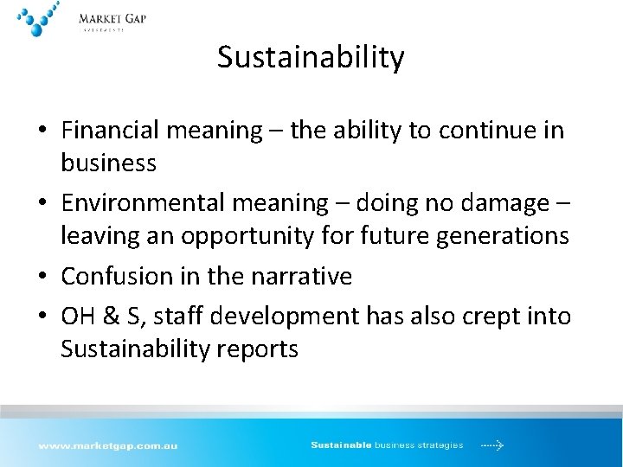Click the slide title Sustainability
point(311,57)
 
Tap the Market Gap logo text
point(112,19)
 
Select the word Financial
point(112,131)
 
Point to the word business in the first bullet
point(108,163)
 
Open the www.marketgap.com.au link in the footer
point(107,445)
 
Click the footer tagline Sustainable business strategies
point(387,445)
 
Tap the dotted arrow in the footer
point(492,445)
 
